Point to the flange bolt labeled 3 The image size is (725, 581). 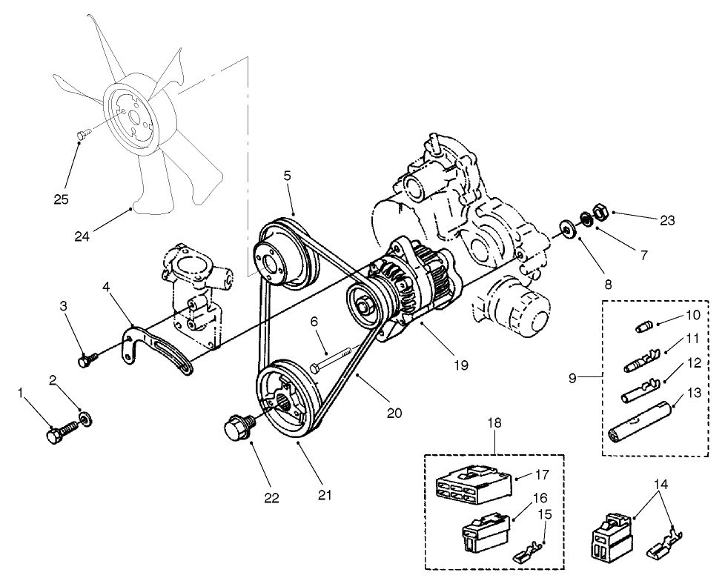84,361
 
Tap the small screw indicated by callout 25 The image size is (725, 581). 82,134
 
